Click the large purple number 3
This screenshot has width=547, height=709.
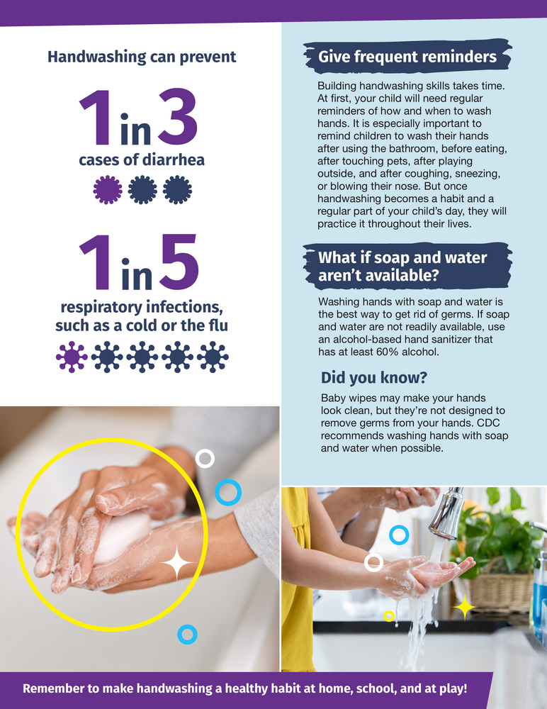click(178, 117)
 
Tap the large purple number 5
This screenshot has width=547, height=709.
click(179, 262)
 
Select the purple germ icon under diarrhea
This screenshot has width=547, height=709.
click(108, 189)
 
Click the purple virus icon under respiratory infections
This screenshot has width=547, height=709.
click(72, 357)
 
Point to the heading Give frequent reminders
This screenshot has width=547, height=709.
click(407, 57)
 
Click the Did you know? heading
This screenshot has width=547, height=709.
click(374, 378)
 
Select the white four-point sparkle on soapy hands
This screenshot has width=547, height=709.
click(176, 562)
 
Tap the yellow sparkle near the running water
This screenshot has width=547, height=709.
click(464, 608)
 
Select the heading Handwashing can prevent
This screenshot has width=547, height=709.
click(142, 57)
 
